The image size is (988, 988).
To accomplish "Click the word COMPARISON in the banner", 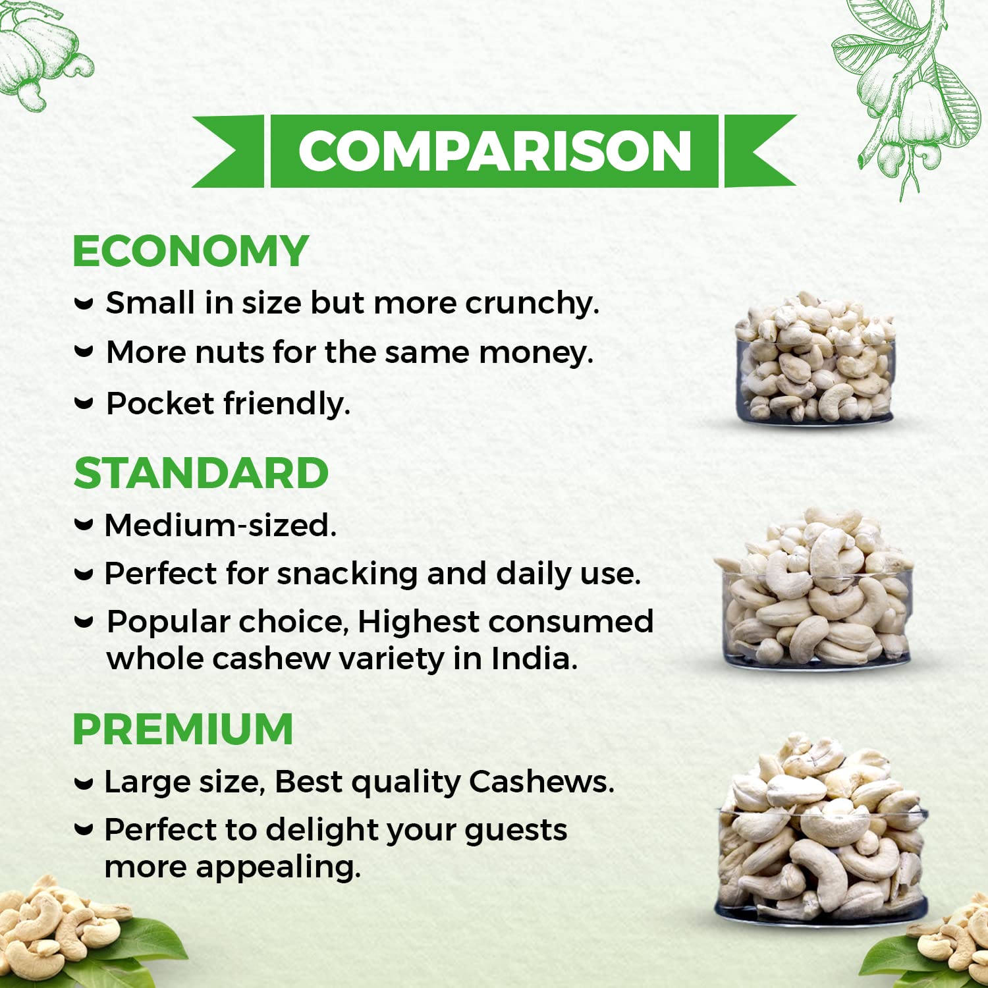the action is [495, 151].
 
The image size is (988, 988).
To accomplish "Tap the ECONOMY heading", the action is [190, 251].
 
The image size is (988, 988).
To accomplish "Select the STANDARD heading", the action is [201, 473].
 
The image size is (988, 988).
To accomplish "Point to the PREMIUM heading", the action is [182, 728].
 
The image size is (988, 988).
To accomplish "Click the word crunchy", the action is [532, 304].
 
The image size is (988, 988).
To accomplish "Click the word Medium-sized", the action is [221, 526].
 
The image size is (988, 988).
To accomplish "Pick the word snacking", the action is [347, 574].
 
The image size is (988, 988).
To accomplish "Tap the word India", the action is [534, 658].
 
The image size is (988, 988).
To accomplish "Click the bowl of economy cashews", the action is [815, 359].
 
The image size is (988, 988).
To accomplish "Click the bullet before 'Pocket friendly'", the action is [84, 402].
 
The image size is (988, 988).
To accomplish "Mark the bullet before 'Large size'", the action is [84, 783].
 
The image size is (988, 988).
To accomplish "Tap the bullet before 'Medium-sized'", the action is [84, 525].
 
